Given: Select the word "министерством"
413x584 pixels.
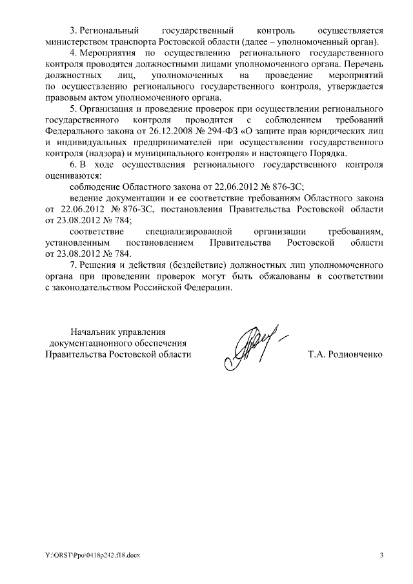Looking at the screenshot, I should tap(78, 41).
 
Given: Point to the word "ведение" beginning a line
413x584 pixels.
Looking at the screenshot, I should tap(85, 197).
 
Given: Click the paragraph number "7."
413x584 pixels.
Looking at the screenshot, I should tap(73, 265).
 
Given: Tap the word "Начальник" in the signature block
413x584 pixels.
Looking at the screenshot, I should tap(93, 332).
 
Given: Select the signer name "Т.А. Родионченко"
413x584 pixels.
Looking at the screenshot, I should tap(346, 354).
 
